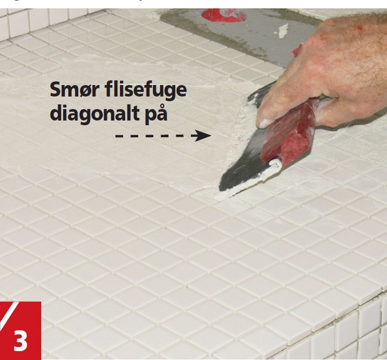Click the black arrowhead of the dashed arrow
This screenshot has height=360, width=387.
coord(203,136)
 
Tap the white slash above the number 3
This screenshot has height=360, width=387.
coord(9,315)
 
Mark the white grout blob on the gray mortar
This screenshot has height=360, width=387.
coord(283,31)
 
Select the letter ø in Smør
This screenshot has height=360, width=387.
coord(85,91)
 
